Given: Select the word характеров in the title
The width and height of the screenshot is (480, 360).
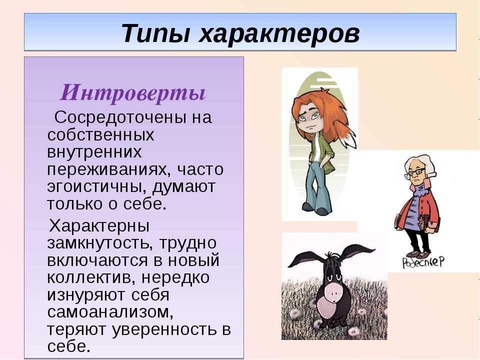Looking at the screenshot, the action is (279, 33).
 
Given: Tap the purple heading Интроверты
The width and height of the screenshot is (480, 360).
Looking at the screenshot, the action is (132, 93).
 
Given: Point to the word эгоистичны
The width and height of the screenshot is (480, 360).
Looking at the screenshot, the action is (97, 187).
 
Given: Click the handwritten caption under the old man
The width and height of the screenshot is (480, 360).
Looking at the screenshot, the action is (423, 262).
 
